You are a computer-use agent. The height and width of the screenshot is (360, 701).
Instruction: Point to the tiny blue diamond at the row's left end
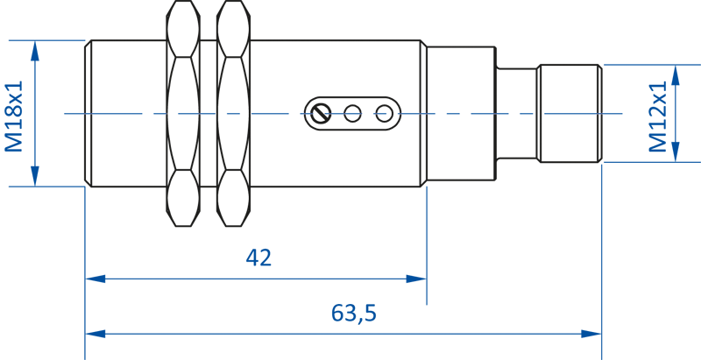(x=87, y=113)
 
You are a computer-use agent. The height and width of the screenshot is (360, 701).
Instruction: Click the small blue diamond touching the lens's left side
(x=208, y=113)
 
